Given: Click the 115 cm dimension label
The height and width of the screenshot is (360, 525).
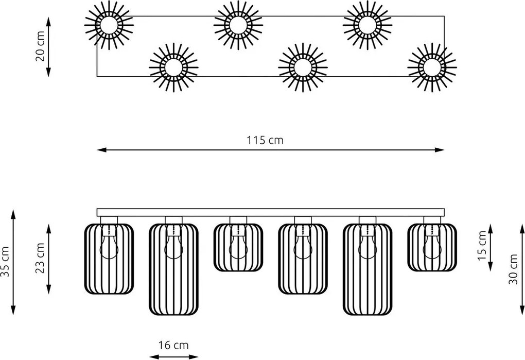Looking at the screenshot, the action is point(265,140).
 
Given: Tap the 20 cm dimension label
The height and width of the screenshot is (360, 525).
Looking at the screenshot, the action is point(40,46).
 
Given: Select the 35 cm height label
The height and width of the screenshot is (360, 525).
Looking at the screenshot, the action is point(5,262).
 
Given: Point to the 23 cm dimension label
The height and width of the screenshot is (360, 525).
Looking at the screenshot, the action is point(40,258).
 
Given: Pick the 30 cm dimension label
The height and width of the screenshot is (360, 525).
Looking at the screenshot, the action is point(513,269).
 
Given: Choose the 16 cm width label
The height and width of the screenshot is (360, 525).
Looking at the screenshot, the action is point(173,345).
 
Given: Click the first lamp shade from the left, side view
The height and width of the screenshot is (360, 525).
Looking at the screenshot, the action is point(109,259).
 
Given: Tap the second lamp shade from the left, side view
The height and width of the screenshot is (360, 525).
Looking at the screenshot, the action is point(173,269).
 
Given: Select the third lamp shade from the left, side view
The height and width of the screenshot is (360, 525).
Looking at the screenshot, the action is point(238,247).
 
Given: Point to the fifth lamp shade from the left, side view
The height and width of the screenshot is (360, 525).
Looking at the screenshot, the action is point(367,269).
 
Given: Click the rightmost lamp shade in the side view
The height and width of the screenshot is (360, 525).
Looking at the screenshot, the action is point(432,247).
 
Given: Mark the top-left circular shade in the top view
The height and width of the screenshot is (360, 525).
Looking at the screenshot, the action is point(109,25).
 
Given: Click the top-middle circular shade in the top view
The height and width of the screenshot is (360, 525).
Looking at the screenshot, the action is point(238,25).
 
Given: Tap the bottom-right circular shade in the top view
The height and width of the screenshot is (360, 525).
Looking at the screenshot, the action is point(432,67).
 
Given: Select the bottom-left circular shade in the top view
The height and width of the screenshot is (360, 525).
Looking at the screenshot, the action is point(173,67).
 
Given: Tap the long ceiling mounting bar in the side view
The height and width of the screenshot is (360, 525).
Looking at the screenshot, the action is point(271,212).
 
